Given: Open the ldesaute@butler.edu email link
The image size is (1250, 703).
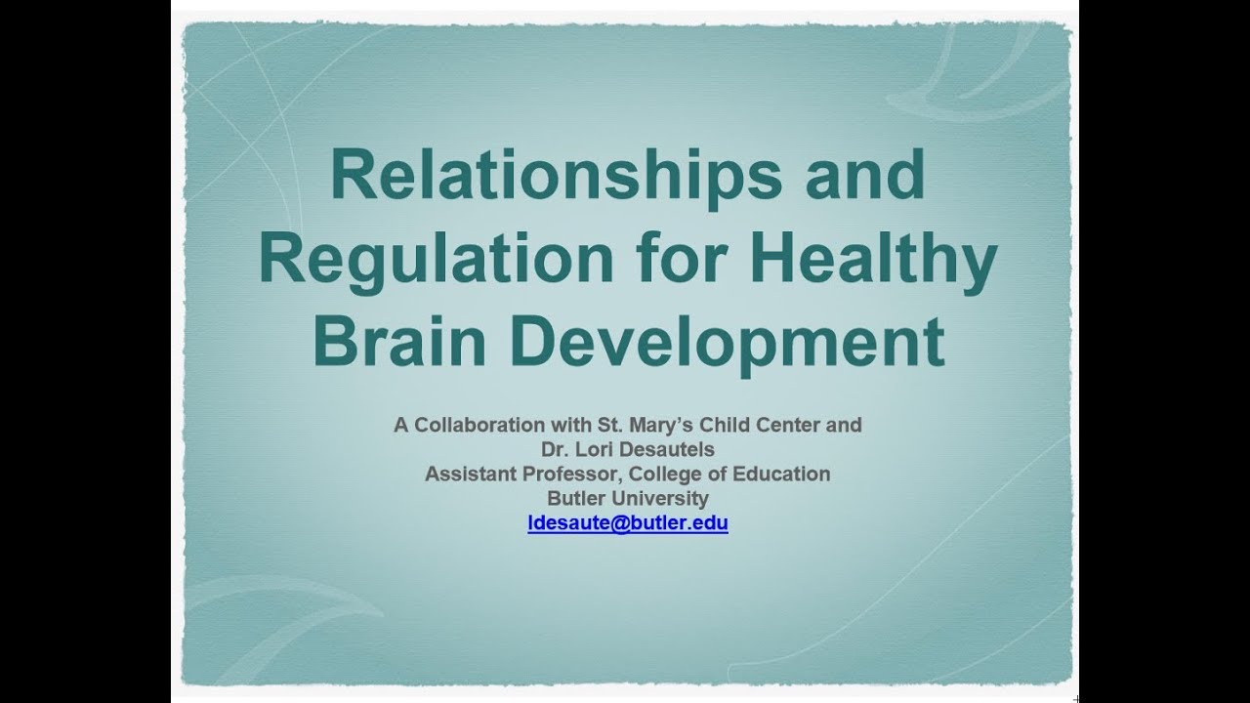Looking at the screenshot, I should point(628,523).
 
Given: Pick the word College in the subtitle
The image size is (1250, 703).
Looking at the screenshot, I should point(666,475).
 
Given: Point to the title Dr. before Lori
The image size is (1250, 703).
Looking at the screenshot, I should point(556,450).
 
